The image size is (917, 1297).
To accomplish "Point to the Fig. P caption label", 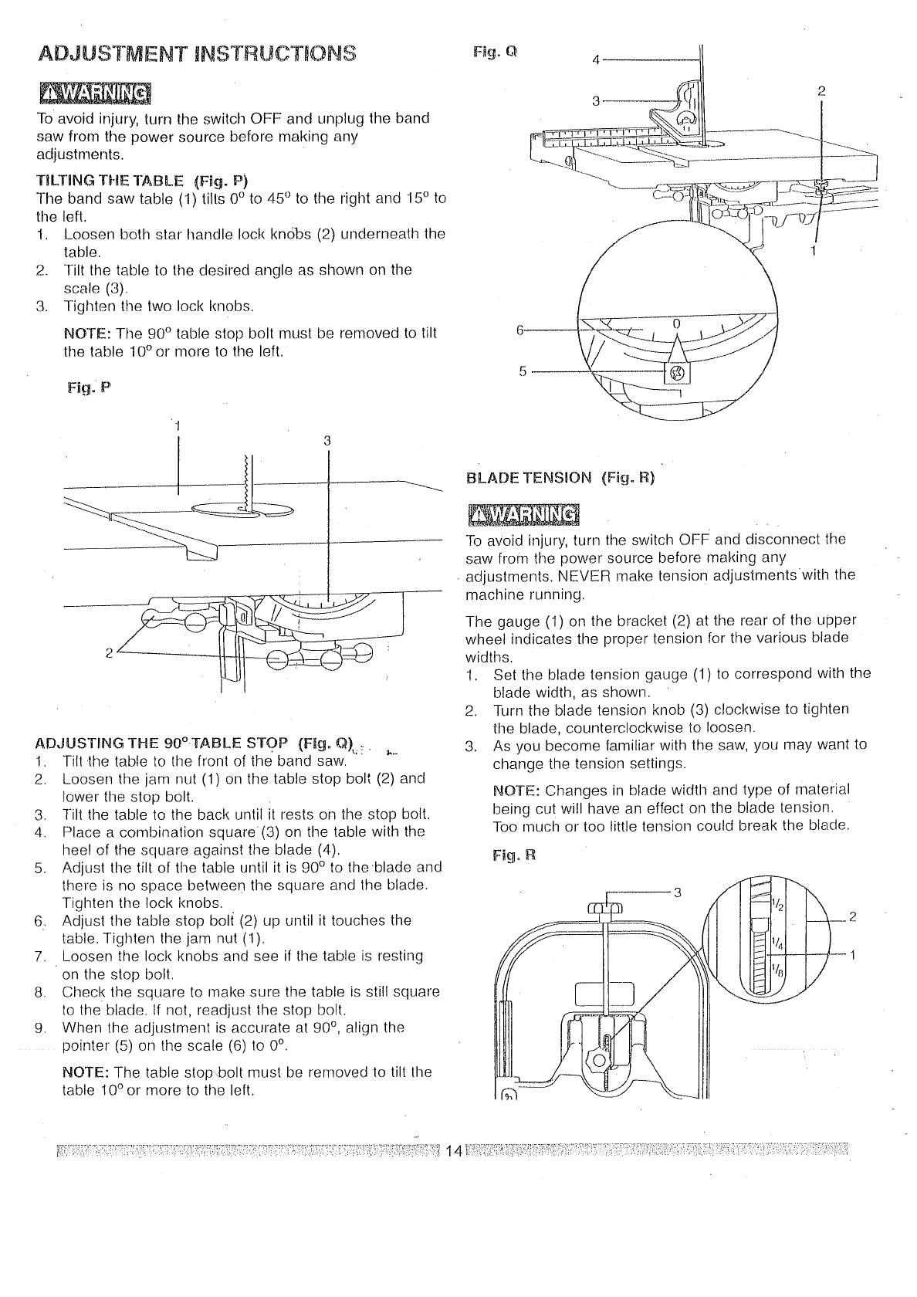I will point(90,388).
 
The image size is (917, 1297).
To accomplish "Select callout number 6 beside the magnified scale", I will point(520,328).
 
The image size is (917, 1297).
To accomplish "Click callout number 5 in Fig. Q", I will point(522,372).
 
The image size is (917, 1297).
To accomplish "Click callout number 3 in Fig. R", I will point(677,893).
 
